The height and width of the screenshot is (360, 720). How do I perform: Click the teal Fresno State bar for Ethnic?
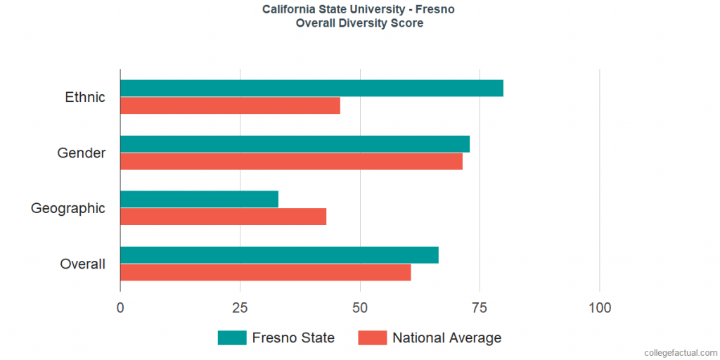coord(311,88)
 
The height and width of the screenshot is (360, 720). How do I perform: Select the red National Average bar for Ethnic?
coord(230,105)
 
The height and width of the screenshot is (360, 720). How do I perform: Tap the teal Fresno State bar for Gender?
coord(295,143)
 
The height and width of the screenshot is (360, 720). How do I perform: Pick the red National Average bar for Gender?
coord(291,161)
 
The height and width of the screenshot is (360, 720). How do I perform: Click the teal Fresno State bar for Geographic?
coord(199,199)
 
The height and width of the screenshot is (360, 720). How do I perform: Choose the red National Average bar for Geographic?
coord(223,217)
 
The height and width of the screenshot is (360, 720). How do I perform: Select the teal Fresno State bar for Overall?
coord(279,255)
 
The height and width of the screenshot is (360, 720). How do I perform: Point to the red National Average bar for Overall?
coord(265,272)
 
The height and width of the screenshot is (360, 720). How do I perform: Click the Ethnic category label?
coord(85,97)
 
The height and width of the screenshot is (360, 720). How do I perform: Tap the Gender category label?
coord(82,153)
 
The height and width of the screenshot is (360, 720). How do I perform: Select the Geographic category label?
coord(68,208)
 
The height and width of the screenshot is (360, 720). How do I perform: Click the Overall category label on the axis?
coord(83,264)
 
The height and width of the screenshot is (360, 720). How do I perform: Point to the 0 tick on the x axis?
coord(120,308)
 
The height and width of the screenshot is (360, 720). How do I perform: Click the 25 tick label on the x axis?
coord(240,308)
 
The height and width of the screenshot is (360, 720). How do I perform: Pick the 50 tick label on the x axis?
coord(360,308)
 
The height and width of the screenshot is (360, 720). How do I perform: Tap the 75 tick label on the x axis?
coord(480,308)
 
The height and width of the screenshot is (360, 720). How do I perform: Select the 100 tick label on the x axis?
coord(600,308)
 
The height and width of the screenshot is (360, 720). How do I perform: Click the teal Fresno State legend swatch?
coord(232,337)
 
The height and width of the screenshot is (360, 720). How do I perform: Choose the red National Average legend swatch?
coord(373,337)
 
